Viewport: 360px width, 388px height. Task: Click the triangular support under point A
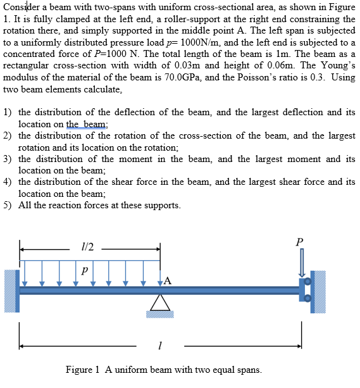tap(159, 304)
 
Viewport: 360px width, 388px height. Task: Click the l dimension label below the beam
tap(161, 346)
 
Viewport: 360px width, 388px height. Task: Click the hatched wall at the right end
tap(319, 291)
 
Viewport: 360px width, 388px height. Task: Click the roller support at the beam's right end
tap(306, 289)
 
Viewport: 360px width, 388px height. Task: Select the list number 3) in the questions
tap(8, 159)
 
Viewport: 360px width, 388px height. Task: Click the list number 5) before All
tap(8, 205)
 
